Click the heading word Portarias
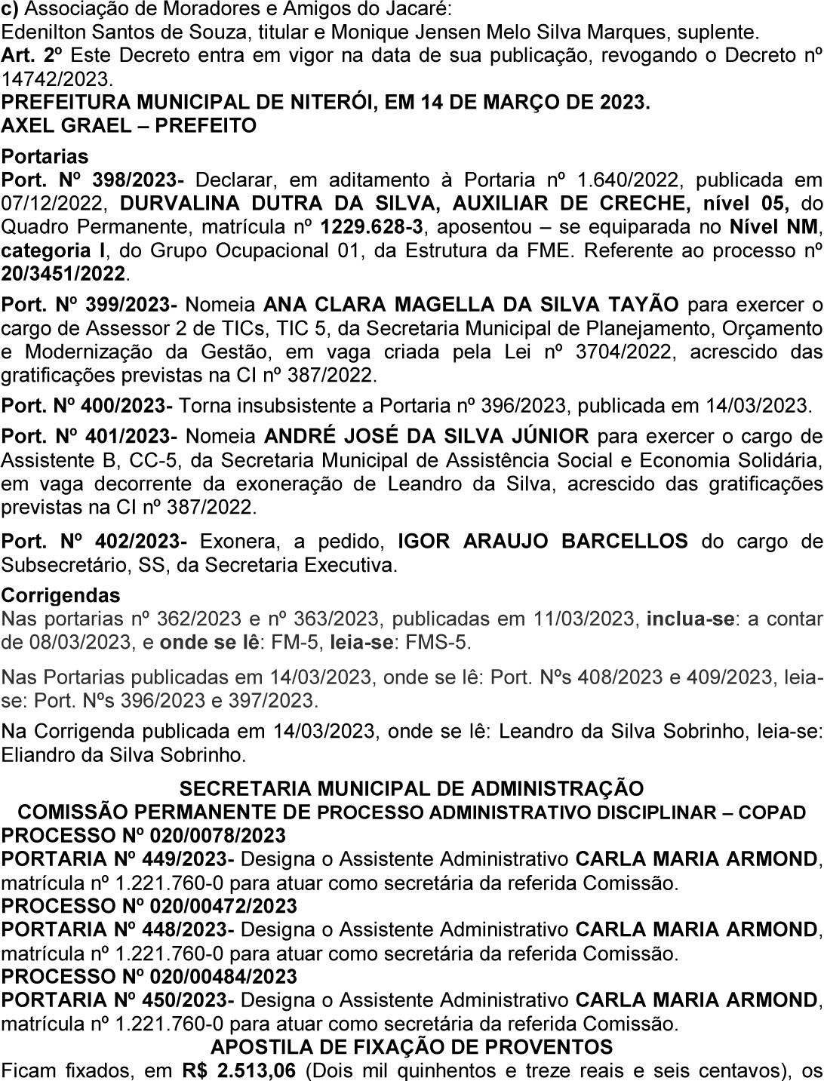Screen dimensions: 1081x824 pos(45,157)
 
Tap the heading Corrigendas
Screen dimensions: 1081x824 pos(61,595)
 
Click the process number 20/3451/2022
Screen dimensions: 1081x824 pos(63,274)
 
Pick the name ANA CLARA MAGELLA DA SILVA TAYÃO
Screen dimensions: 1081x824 pos(472,305)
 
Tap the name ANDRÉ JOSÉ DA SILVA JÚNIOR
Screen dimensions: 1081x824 pos(426,437)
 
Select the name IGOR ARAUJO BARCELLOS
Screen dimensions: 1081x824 pos(543,541)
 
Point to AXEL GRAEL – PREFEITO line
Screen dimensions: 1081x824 pos(129,125)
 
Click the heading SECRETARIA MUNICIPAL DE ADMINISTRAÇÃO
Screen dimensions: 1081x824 pos(411,789)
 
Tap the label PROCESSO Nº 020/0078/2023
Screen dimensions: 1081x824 pos(143,836)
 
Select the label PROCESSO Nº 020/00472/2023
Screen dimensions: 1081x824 pos(149,906)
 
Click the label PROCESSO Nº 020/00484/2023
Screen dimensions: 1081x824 pos(149,976)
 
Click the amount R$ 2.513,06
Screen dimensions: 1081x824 pos(238,1070)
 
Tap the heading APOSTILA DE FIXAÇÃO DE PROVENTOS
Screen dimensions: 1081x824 pos(411,1047)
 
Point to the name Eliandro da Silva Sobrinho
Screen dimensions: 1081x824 pos(124,754)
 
